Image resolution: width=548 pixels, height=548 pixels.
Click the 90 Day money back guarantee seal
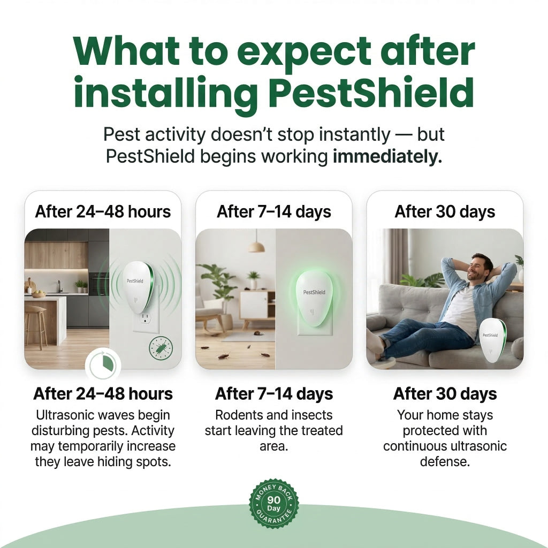pyautogui.click(x=273, y=503)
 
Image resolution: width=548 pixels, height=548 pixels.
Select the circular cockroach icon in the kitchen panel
pyautogui.click(x=161, y=348)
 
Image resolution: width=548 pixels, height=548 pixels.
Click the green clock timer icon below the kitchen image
pyautogui.click(x=103, y=365)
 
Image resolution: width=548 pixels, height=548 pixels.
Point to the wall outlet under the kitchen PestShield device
pyautogui.click(x=146, y=316)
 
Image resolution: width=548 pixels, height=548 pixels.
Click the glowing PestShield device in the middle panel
pyautogui.click(x=314, y=299)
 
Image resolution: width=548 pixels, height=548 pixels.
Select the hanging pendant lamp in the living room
pyautogui.click(x=256, y=242)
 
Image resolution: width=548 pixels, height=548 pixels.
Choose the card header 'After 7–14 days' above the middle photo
pyautogui.click(x=274, y=212)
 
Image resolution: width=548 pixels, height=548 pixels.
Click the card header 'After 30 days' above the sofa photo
pyautogui.click(x=445, y=212)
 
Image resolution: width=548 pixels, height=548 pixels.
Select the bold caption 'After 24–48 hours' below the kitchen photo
pyautogui.click(x=103, y=394)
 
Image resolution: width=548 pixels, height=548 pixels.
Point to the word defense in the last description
pyautogui.click(x=445, y=462)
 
